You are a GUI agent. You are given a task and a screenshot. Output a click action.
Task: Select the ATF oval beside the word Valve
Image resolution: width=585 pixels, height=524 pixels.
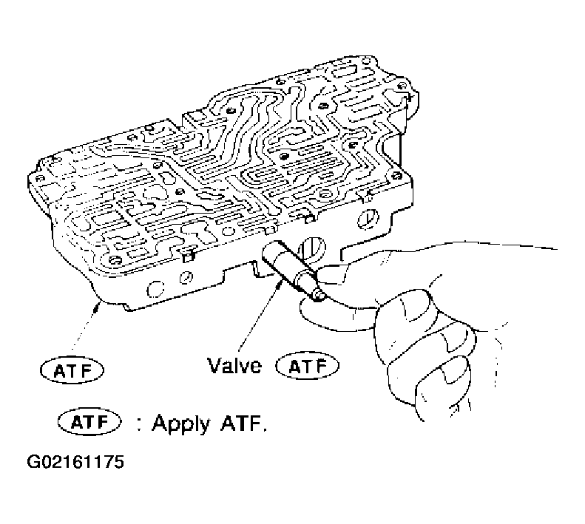[305, 365]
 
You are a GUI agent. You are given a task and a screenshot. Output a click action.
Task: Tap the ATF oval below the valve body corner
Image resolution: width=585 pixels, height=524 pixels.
[72, 367]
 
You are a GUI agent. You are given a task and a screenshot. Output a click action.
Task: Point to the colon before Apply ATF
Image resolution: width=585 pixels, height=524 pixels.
[138, 426]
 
